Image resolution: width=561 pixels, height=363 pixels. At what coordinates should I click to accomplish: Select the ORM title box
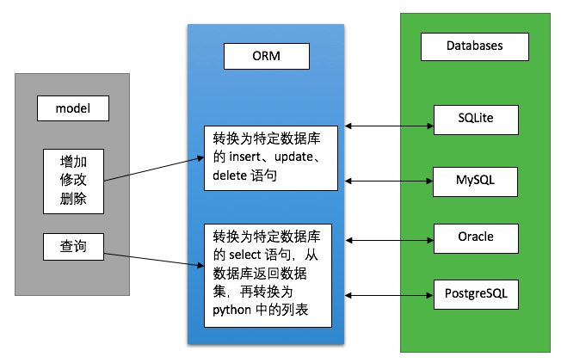[266, 57]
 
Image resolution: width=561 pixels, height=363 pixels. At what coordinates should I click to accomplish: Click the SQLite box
[476, 120]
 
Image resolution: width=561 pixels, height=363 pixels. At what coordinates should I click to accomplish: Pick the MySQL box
[476, 182]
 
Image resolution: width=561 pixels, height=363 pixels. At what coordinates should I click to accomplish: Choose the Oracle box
[476, 236]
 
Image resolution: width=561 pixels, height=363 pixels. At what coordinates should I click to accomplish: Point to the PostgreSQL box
[476, 293]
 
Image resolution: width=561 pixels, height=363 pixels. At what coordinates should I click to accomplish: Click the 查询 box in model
[73, 248]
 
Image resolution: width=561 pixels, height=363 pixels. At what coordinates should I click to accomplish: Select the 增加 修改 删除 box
[73, 180]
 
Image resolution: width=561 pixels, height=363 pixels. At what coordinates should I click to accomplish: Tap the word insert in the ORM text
[246, 157]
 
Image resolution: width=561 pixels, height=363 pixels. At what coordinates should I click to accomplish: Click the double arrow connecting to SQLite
[387, 126]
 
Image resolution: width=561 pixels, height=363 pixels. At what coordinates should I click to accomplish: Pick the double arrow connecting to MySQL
[387, 181]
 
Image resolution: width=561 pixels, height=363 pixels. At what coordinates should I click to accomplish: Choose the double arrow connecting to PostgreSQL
[387, 296]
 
